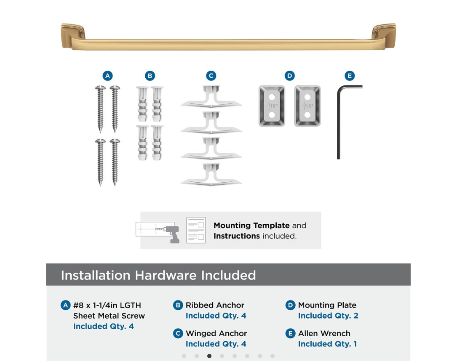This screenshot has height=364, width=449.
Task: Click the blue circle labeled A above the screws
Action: pos(107,76)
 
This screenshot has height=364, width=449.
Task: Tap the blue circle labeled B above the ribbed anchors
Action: pos(150,76)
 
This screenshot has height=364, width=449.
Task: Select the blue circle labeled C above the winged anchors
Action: pos(211,76)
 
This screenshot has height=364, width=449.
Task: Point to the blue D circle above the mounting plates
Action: pos(289,76)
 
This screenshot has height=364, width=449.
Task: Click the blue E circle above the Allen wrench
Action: pos(349,76)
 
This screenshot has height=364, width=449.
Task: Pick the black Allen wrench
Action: pos(339,123)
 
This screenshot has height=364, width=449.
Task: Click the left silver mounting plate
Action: pos(272,106)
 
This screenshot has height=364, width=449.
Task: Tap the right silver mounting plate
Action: pos(307,106)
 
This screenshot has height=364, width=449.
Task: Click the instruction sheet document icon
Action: pos(196,230)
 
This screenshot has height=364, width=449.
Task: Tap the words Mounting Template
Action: pos(251,226)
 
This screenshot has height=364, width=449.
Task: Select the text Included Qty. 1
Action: pos(327,344)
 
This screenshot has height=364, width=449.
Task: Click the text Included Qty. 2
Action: pos(328,316)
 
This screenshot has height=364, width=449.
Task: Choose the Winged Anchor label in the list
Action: pos(216,333)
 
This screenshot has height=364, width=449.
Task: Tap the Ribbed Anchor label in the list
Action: pos(215,305)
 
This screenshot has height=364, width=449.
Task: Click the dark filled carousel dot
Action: pos(209,356)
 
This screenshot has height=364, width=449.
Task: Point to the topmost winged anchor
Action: pos(211,96)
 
